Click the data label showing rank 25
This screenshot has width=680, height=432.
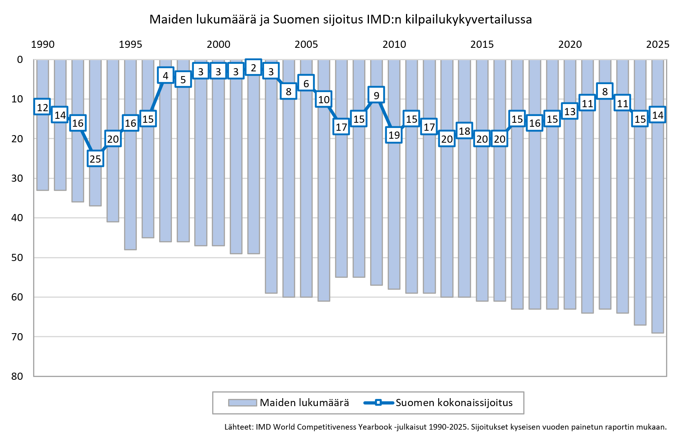(95, 159)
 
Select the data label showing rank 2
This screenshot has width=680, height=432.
(253, 68)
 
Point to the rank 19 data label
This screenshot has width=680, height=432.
(394, 135)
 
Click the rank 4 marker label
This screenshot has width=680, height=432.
(166, 76)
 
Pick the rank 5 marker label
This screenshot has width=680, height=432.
(183, 80)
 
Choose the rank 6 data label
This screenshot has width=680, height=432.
(306, 84)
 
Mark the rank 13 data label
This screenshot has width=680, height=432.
(570, 112)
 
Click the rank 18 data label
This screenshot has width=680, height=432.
(464, 131)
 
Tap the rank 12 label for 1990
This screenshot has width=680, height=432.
(42, 108)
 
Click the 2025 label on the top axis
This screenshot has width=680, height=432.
(658, 44)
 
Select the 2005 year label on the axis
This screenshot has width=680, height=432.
(306, 44)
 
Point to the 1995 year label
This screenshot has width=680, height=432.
(130, 44)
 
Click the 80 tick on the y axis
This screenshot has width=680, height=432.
(17, 376)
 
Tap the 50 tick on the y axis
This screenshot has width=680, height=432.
(17, 257)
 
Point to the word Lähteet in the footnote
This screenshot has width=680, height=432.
(238, 427)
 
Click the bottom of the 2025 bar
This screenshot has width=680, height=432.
(658, 332)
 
